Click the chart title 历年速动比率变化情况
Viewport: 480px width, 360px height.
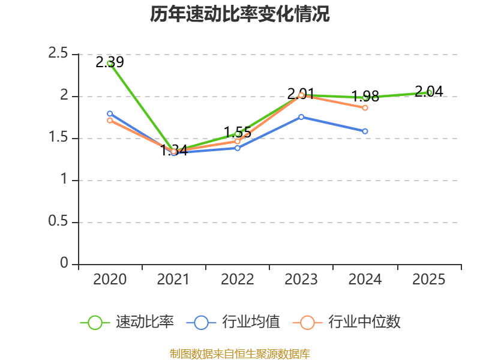240,14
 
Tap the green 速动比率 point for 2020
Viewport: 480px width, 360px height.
110,63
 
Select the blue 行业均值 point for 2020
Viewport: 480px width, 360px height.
110,113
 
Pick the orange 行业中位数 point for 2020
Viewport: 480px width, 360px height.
110,121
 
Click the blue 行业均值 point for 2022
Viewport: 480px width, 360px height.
238,148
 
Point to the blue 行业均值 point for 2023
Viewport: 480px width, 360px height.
301,117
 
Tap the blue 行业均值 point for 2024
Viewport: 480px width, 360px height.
365,131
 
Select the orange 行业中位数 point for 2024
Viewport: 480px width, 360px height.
365,107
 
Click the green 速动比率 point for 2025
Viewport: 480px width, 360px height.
429,92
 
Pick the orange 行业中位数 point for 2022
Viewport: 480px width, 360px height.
238,142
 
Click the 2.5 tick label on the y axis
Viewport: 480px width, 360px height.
58,54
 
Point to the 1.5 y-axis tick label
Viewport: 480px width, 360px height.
58,138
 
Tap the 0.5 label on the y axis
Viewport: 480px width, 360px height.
58,222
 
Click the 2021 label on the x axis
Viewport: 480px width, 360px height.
173,280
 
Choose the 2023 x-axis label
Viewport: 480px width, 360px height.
301,280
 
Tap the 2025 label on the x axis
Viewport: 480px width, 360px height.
429,280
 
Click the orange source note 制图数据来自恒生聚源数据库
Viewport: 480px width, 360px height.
240,354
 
